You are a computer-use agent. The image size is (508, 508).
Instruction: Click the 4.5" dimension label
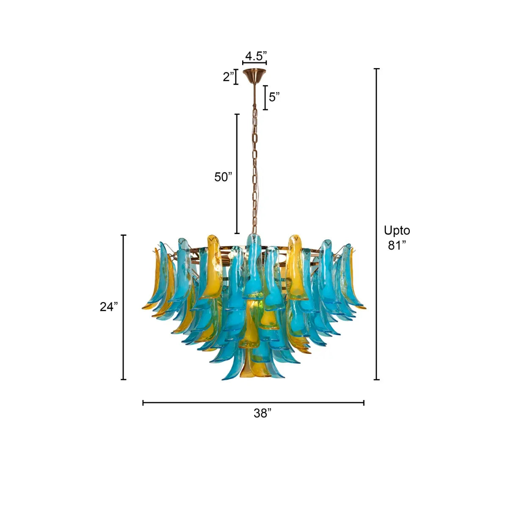pos(256,56)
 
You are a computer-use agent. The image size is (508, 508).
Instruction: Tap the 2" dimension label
pos(229,77)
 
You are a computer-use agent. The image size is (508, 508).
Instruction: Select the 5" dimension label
pos(274,97)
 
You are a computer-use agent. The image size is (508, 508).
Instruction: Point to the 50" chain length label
pos(223,177)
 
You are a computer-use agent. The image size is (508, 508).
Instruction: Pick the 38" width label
pos(262,413)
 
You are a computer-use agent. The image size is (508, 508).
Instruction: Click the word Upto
pos(397,231)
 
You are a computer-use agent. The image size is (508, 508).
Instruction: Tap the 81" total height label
pos(397,245)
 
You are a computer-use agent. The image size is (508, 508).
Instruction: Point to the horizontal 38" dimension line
pos(253,403)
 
